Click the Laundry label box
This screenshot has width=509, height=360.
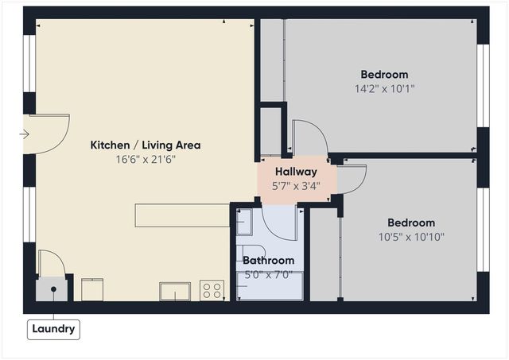[x=54, y=329]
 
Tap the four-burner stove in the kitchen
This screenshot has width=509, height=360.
[x=212, y=291]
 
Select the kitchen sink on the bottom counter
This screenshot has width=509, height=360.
[x=174, y=292]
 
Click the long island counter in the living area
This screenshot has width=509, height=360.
[x=182, y=215]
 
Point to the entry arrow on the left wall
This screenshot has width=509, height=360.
[x=24, y=134]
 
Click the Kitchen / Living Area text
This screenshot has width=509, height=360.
[x=145, y=145]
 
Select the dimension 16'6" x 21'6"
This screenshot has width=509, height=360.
[x=145, y=159]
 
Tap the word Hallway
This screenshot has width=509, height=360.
[x=297, y=172]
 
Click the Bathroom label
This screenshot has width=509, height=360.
[x=268, y=261]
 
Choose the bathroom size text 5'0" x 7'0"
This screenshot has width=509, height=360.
[x=268, y=274]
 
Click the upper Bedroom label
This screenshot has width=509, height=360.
[x=384, y=75]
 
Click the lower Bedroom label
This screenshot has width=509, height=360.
[x=411, y=223]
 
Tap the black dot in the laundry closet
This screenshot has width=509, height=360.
[x=54, y=288]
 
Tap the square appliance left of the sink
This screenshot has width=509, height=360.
[x=93, y=289]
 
